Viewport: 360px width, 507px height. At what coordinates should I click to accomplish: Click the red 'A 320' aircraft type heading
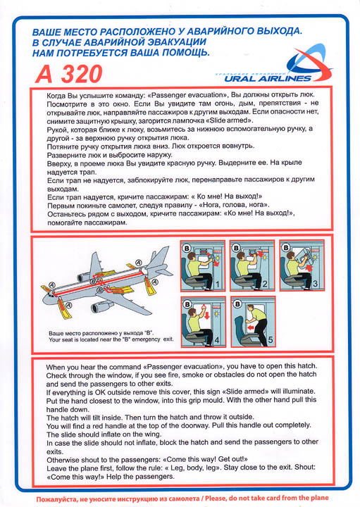68,74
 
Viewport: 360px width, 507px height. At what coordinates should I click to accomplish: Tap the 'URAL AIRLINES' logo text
268,78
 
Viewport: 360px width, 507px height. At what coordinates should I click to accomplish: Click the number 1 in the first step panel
218,284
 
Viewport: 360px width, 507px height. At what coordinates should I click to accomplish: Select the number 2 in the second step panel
265,284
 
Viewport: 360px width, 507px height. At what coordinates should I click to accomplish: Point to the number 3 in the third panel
315,284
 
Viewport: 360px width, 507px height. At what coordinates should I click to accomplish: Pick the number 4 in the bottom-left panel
217,340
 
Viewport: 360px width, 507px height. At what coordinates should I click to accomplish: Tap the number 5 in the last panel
271,340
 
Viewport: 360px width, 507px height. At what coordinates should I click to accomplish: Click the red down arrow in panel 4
207,315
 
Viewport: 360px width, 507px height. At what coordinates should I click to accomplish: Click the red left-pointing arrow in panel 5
252,328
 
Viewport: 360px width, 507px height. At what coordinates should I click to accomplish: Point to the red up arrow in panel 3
309,268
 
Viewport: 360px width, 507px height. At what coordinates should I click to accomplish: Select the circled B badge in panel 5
237,304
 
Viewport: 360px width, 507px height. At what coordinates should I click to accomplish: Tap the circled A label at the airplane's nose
52,285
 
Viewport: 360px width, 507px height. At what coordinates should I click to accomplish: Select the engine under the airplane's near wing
102,306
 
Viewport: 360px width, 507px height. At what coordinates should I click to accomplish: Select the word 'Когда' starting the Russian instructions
56,96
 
